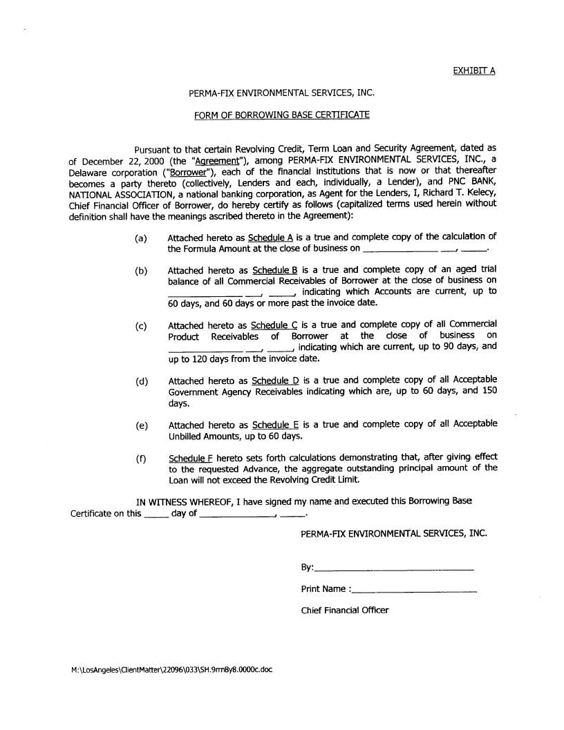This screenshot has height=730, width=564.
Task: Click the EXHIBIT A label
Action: (474, 70)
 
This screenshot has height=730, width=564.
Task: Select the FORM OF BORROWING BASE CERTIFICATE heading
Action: (281, 115)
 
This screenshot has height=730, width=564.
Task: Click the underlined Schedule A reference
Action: (271, 238)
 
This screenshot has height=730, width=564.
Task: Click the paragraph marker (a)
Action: (141, 238)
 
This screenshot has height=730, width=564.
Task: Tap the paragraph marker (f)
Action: (140, 458)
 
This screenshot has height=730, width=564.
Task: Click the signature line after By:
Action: (393, 568)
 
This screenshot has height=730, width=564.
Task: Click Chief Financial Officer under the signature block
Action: (344, 610)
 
